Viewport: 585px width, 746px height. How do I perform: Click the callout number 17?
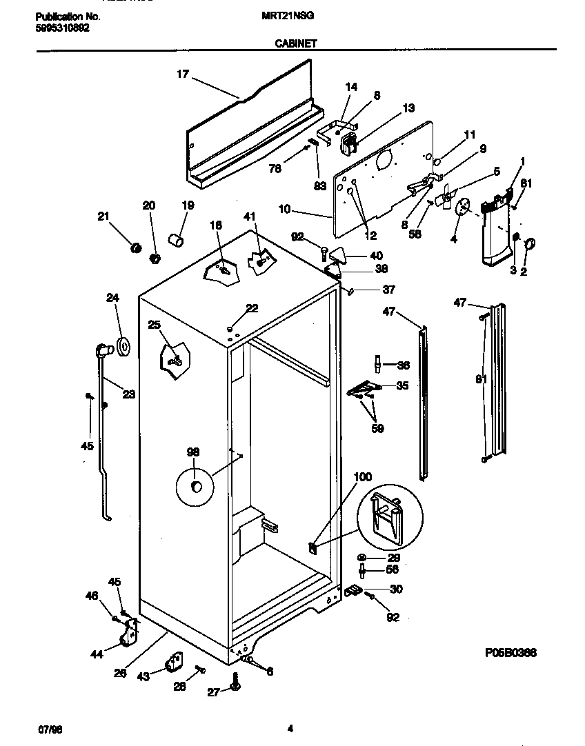point(182,74)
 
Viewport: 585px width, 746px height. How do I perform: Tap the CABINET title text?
point(296,43)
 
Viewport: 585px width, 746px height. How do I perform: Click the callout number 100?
point(362,476)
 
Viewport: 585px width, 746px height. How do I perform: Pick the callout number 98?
point(194,452)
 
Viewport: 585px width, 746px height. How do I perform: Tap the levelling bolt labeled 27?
point(236,684)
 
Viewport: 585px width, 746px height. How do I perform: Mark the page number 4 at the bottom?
point(290,728)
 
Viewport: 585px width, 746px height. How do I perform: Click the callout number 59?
point(377,428)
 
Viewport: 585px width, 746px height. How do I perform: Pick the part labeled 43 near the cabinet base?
point(172,664)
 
